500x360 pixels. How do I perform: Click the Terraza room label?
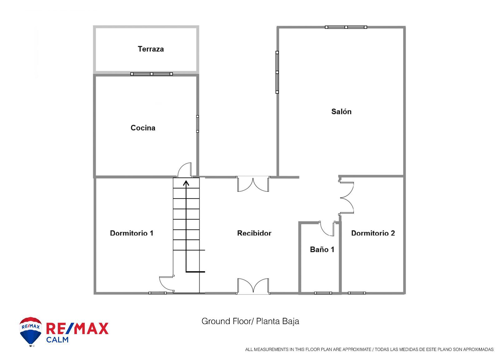(151, 49)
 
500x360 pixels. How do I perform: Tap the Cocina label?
(143, 128)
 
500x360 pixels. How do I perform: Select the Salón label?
(341, 111)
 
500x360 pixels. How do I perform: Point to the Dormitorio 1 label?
(132, 233)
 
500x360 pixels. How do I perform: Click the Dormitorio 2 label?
(373, 233)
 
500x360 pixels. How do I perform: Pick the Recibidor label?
(254, 233)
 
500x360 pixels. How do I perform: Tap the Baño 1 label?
(322, 249)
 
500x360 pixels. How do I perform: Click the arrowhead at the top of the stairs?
(186, 183)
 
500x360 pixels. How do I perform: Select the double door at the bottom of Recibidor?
(253, 286)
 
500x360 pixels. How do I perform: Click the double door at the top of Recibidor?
(253, 184)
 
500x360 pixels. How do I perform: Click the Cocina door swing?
(185, 170)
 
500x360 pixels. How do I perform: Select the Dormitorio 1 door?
(166, 284)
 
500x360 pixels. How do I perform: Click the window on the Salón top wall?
(346, 27)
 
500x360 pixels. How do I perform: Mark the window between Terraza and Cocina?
(152, 74)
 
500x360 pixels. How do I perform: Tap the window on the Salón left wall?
(277, 72)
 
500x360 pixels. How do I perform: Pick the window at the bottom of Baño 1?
(323, 293)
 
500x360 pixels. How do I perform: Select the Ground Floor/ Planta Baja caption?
(250, 321)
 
